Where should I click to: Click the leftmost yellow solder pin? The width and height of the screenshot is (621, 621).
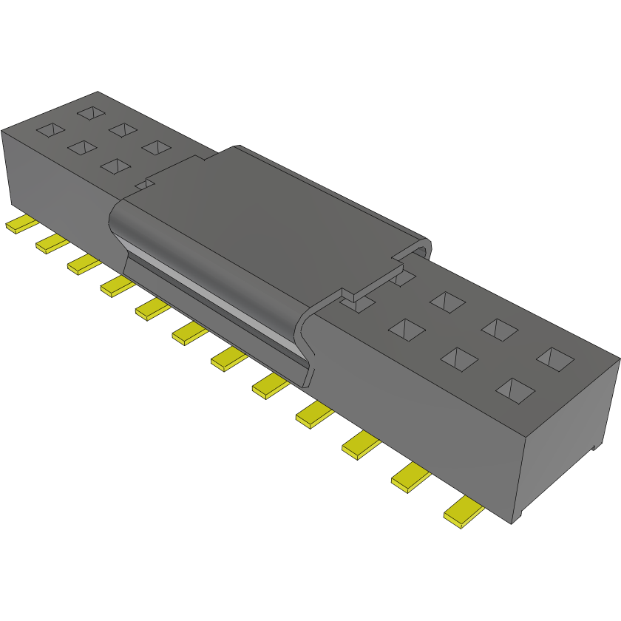(x=21, y=225)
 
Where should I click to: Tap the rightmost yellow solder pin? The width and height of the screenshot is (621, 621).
(x=464, y=512)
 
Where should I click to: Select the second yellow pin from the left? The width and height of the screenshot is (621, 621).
(x=52, y=242)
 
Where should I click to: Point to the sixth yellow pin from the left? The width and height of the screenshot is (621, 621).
(x=190, y=333)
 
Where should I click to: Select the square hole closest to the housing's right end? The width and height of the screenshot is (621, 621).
(x=555, y=359)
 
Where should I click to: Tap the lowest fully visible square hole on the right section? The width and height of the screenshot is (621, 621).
(x=515, y=388)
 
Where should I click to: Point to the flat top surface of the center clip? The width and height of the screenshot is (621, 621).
(x=266, y=214)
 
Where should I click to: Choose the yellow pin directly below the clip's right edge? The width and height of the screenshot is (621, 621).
(x=271, y=384)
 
